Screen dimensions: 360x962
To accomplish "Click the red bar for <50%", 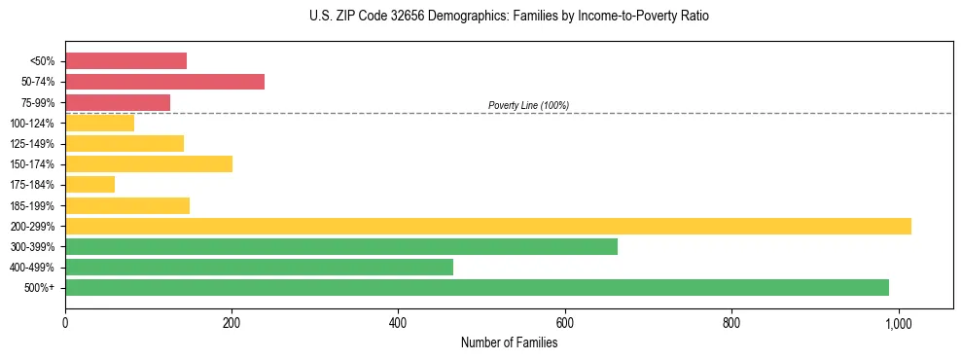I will [125, 61].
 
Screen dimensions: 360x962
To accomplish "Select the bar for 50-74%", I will [164, 82].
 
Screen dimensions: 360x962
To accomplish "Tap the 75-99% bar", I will [118, 102].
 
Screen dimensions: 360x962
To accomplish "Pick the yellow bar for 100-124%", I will [99, 123].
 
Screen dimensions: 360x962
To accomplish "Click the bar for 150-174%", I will [149, 163].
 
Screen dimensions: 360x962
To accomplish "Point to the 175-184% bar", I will [89, 184].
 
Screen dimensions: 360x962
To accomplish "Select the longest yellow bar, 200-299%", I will [487, 226].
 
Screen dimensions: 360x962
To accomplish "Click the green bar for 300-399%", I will [340, 246].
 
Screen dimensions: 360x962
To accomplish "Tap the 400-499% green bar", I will [259, 267].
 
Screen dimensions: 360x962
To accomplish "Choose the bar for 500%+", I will [477, 287].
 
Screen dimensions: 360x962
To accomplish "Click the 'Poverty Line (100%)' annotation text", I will [528, 105].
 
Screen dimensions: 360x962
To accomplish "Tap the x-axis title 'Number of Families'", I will [509, 342].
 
